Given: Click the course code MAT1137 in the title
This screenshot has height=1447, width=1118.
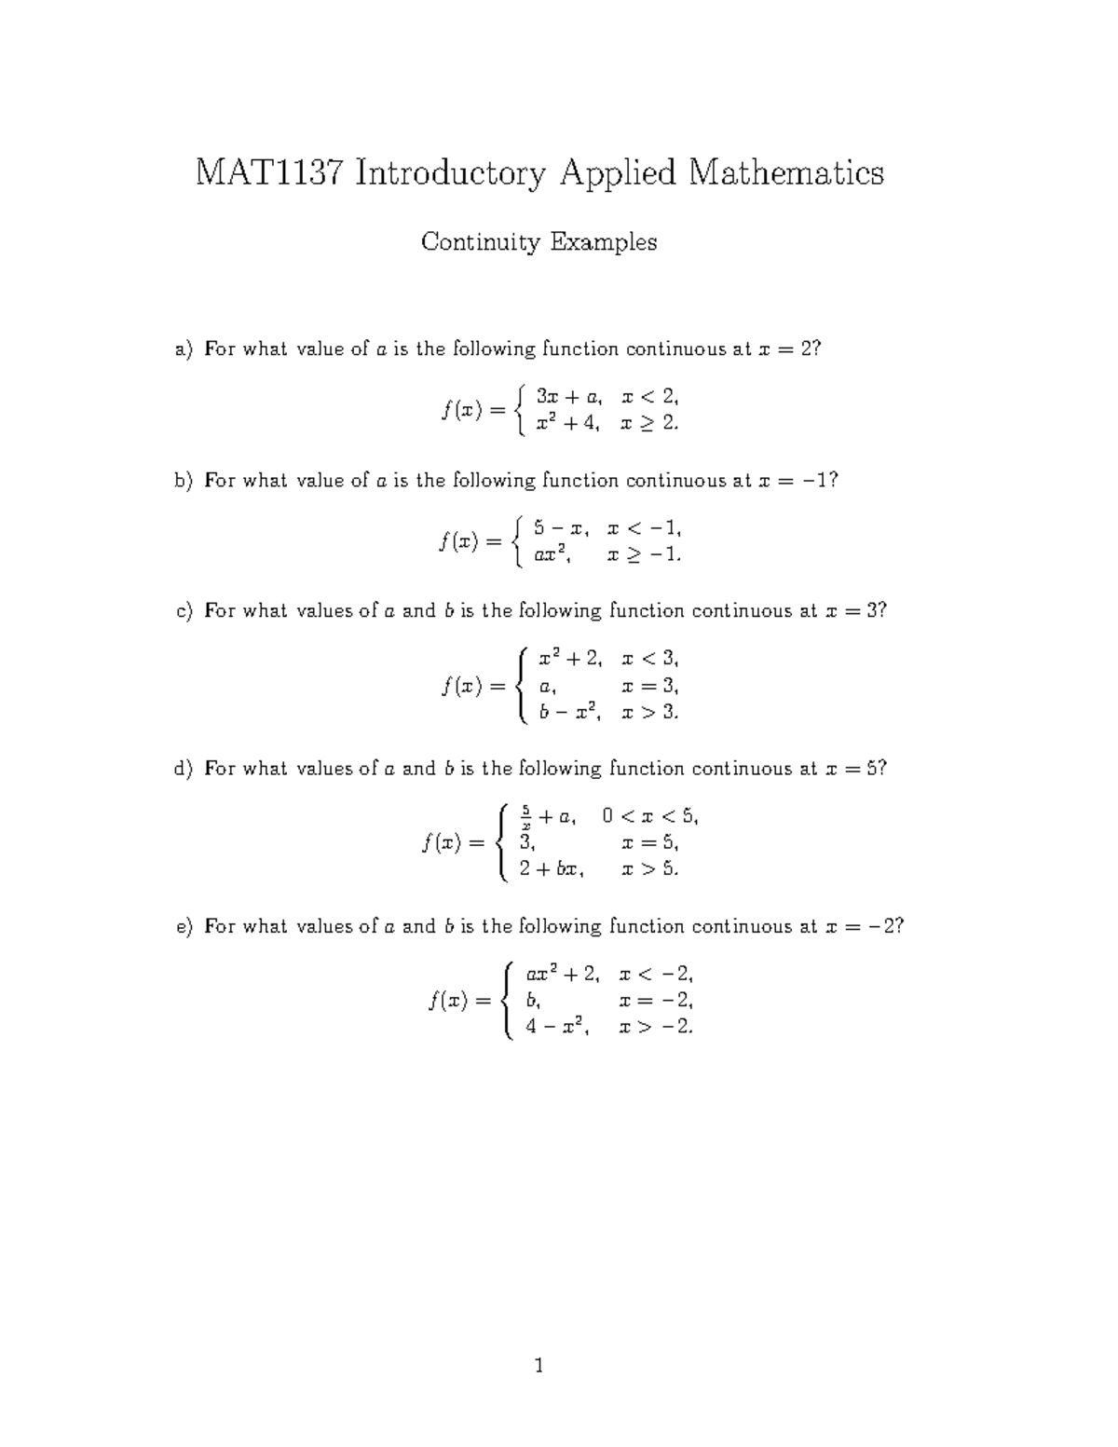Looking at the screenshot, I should [x=268, y=173].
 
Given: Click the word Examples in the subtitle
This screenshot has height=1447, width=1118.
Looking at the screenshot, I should [x=604, y=243].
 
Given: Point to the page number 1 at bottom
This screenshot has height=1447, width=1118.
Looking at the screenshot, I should [x=539, y=1367].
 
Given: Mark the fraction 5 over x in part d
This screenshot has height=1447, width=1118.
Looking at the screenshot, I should [x=526, y=814].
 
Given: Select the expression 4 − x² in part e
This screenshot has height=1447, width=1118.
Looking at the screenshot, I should [x=558, y=1028].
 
